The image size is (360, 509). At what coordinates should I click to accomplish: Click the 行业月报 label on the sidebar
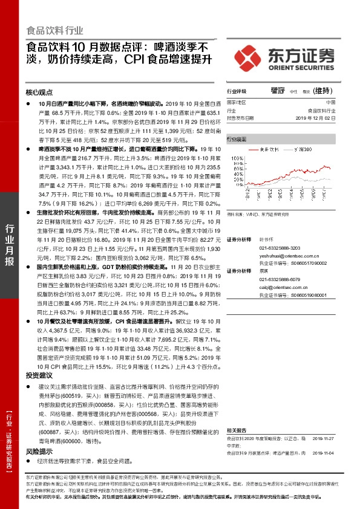[x=9, y=245]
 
